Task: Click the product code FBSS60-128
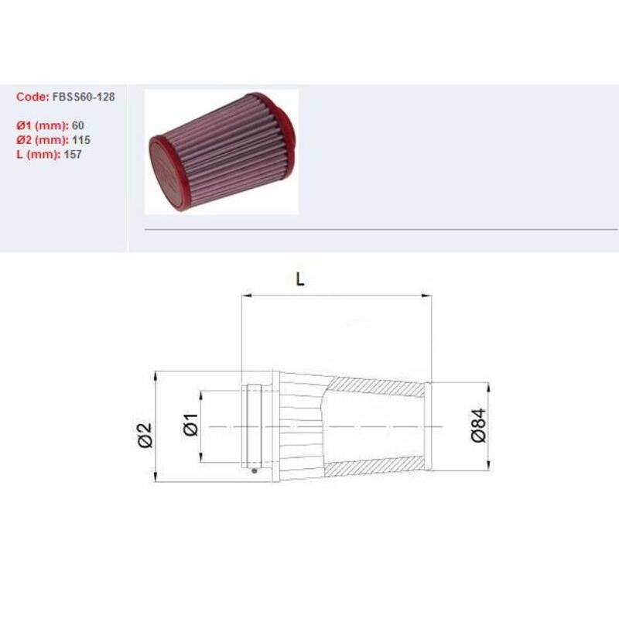click(84, 97)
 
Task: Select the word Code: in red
click(32, 97)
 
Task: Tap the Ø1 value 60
click(78, 125)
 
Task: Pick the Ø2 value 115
click(81, 140)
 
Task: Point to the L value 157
click(73, 154)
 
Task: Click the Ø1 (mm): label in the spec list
click(43, 125)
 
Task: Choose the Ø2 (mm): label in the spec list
click(43, 140)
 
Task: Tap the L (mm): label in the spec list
click(38, 154)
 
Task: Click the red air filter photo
click(222, 152)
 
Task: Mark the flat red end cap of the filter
click(165, 172)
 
